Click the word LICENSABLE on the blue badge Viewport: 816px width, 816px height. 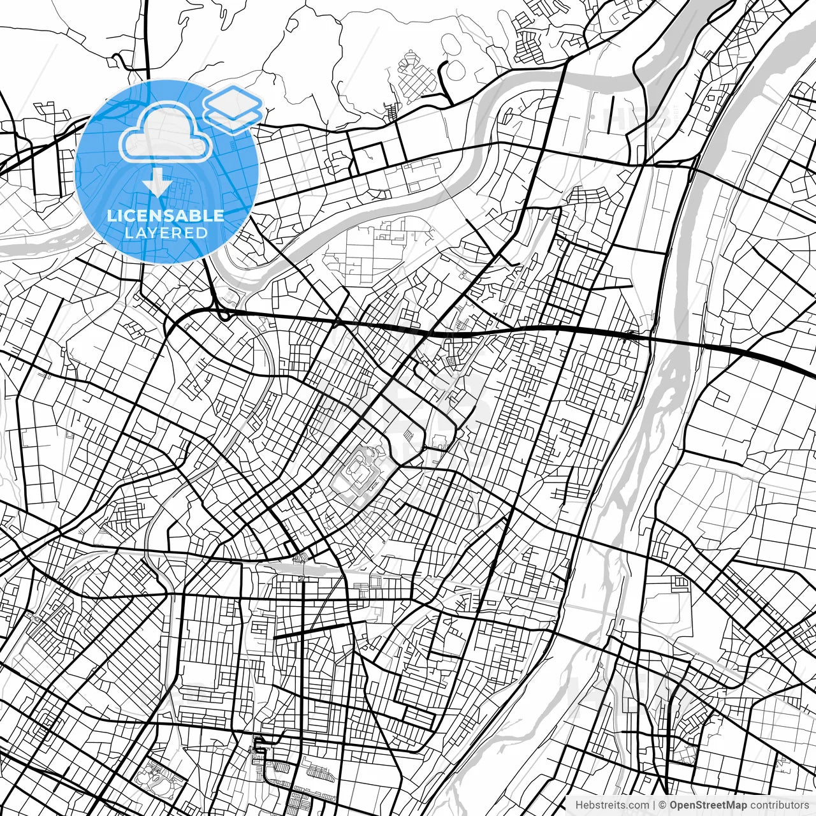point(166,215)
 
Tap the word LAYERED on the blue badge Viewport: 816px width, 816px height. point(166,233)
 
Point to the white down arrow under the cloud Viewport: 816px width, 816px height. point(156,184)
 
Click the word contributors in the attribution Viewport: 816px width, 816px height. point(775,805)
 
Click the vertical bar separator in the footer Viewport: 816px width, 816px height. point(654,805)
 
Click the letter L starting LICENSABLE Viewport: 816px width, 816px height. point(111,215)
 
